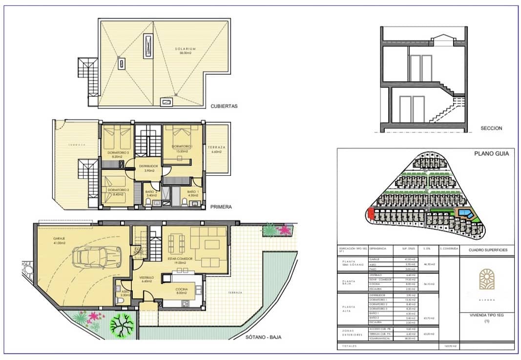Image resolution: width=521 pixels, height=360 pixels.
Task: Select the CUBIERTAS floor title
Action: coord(224,106)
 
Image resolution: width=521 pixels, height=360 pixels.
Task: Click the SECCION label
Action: coord(491,128)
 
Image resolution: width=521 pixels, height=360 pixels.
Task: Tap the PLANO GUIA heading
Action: coord(491,153)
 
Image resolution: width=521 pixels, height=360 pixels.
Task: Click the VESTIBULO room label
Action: coord(147,277)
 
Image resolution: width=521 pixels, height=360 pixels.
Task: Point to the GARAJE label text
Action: coord(60,238)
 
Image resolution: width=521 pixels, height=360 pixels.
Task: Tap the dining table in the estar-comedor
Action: coord(176,243)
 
